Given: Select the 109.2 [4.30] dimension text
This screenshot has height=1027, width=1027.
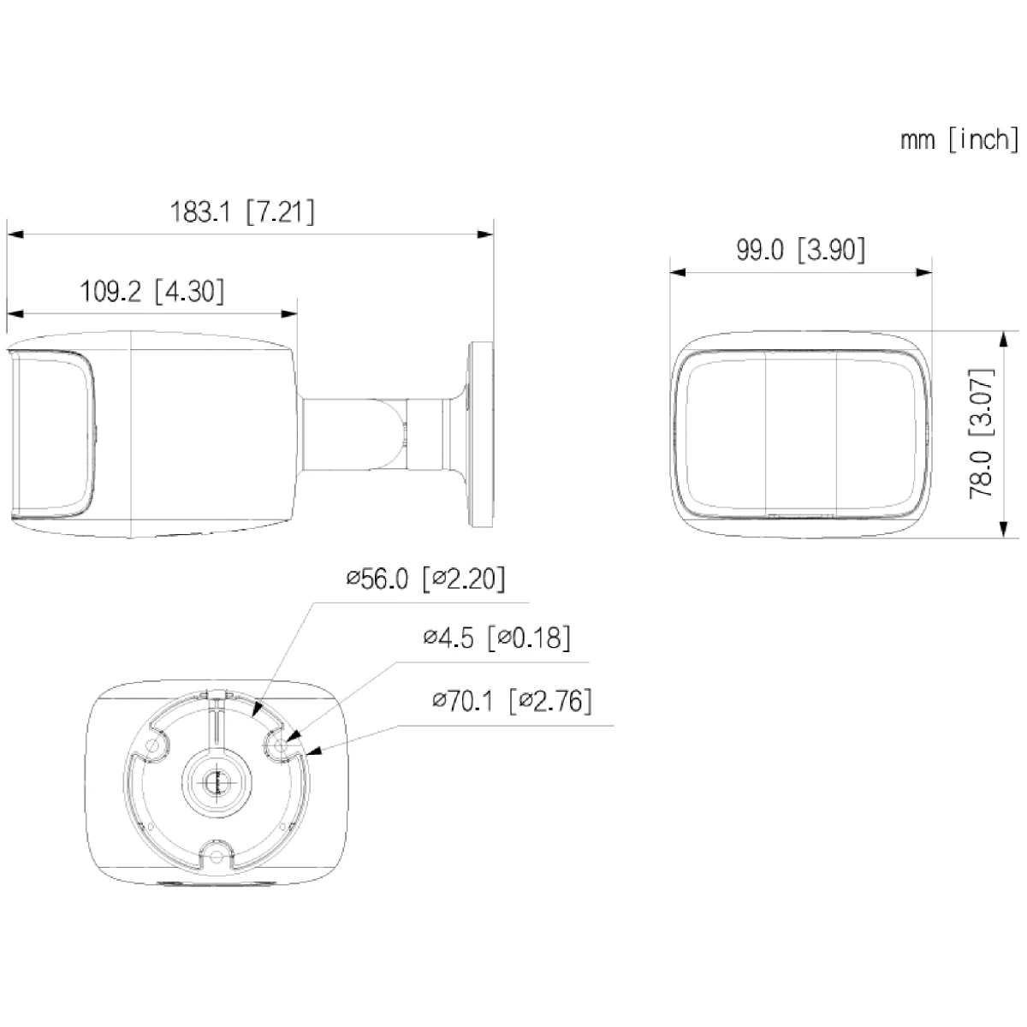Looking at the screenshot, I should click(x=152, y=292).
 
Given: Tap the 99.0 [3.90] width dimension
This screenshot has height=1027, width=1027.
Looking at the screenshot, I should click(x=800, y=250).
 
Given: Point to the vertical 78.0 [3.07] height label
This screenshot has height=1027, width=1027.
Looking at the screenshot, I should click(x=981, y=434).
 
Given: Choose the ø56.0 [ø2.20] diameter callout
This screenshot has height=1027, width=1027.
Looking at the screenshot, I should click(x=425, y=579).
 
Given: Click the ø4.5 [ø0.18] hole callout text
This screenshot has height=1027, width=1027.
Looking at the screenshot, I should click(x=496, y=638).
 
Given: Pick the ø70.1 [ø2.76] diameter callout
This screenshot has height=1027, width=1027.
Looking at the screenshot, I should click(x=512, y=702).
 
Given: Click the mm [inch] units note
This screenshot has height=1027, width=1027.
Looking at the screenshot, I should click(x=959, y=140).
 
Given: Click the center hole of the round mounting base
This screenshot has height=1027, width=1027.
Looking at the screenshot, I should click(x=214, y=781).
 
